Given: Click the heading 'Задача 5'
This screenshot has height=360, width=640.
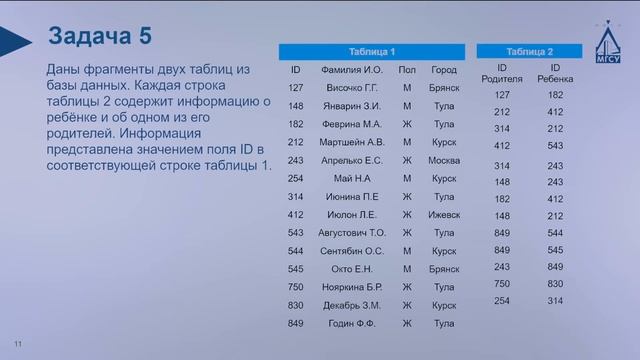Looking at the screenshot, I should (x=100, y=37).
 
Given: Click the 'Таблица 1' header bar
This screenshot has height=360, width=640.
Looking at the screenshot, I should (x=372, y=51).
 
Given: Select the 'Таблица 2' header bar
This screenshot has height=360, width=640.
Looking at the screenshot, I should (x=529, y=51).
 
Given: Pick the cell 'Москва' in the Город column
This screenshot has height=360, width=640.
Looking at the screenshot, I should (x=443, y=160).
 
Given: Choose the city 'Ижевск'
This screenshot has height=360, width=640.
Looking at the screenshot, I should (x=443, y=214).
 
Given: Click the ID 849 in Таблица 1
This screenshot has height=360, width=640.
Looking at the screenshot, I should (x=295, y=323).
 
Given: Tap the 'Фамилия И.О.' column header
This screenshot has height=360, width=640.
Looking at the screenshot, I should (x=353, y=70).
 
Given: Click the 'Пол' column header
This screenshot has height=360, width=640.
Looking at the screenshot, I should (x=406, y=70).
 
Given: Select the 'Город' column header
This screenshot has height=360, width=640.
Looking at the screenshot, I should (x=443, y=70).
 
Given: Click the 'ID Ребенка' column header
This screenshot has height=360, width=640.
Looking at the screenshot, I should (x=556, y=74).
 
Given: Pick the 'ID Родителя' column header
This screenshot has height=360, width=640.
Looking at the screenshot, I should (x=502, y=74).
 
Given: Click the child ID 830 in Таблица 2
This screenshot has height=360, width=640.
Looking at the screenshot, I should (x=556, y=283).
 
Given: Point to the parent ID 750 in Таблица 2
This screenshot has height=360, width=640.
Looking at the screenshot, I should (x=502, y=283).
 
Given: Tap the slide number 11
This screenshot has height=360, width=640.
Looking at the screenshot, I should (x=17, y=344).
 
